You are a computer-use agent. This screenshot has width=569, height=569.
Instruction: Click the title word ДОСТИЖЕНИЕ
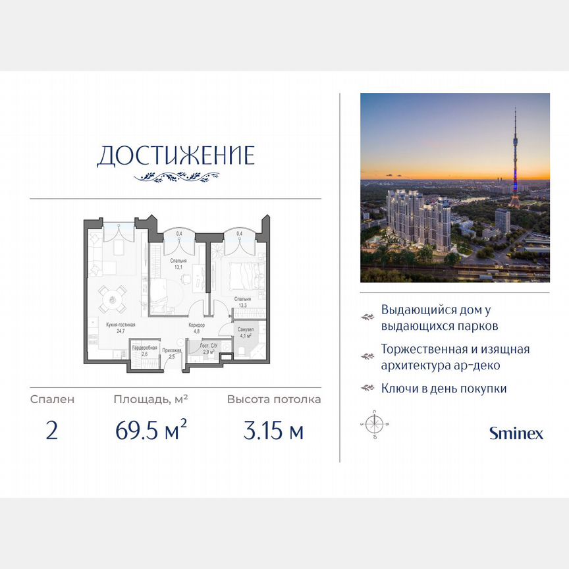point(176,155)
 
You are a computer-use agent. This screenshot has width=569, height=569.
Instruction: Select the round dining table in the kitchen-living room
point(113,301)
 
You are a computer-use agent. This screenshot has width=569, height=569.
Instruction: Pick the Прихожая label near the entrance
point(171,354)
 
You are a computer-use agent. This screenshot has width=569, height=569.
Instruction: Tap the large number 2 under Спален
point(52,431)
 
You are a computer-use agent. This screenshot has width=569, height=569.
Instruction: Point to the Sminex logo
point(516,433)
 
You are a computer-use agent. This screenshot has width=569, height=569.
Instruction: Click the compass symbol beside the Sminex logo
point(375,424)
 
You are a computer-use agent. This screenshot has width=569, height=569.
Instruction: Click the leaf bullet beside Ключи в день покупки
point(367,389)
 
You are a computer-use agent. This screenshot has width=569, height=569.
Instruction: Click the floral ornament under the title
point(176,176)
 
